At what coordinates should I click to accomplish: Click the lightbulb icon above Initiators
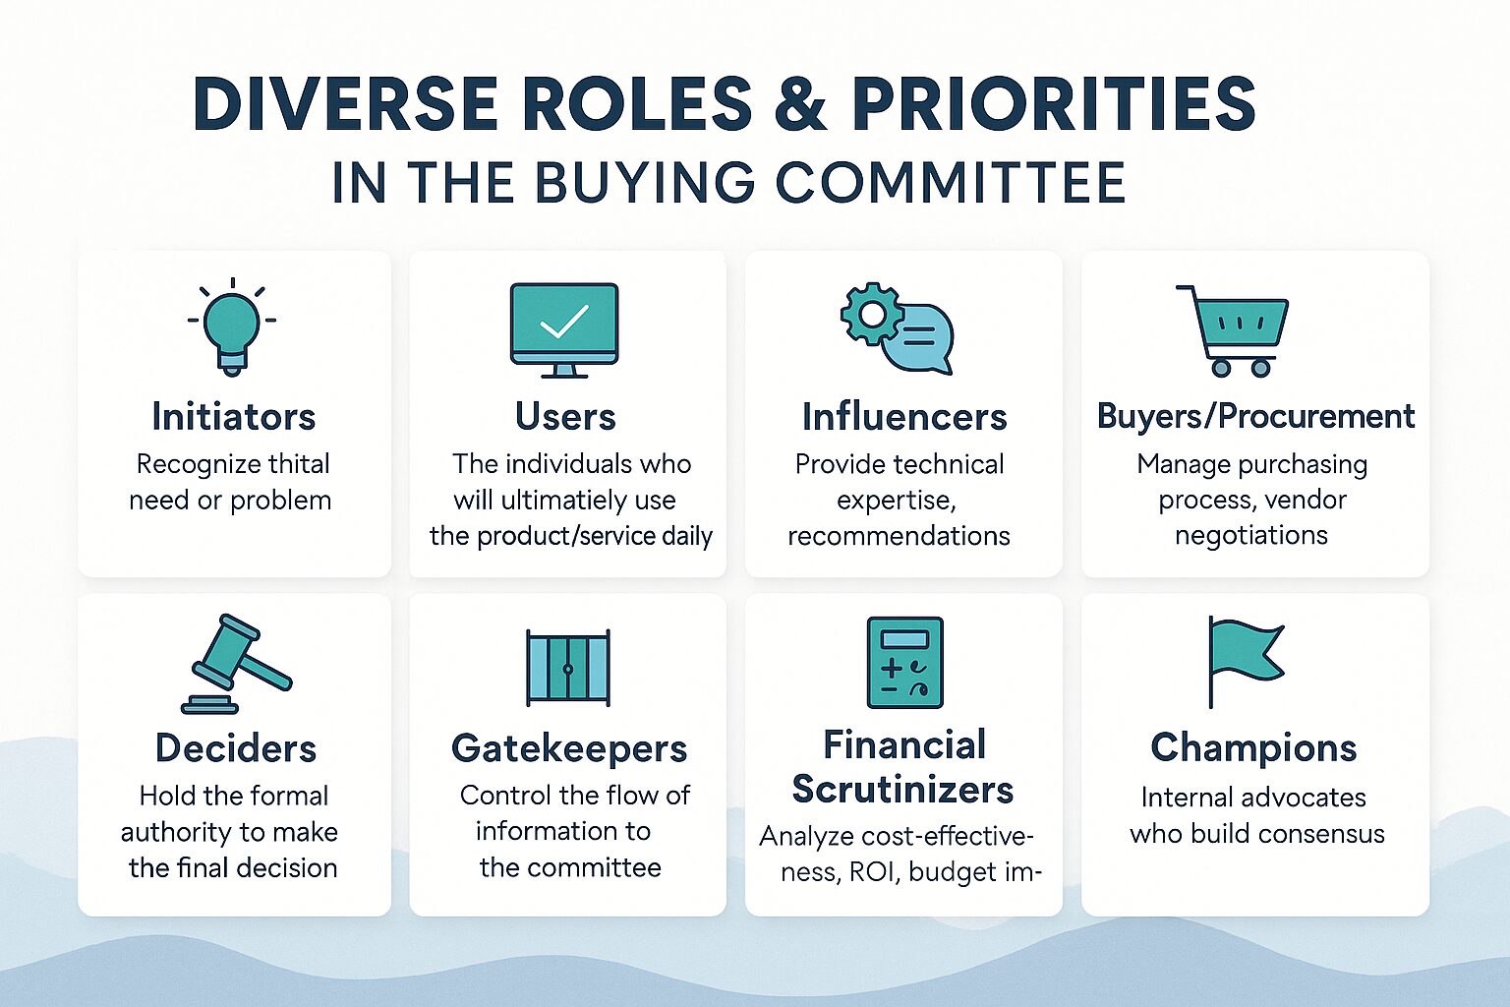(x=232, y=326)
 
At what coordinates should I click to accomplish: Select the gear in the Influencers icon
(x=872, y=314)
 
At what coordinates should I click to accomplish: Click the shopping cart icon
(x=1232, y=330)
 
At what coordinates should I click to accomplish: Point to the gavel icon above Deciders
(x=237, y=664)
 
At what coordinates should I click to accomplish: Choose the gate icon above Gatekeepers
(x=568, y=668)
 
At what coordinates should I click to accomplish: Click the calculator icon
(x=904, y=663)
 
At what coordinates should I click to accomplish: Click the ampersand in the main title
(x=800, y=104)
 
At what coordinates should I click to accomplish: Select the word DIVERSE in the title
(x=345, y=104)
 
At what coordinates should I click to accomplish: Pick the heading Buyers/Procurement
(x=1255, y=415)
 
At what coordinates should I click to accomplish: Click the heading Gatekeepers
(x=569, y=748)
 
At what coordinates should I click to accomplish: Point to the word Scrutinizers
(x=902, y=789)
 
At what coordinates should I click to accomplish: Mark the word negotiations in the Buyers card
(x=1251, y=536)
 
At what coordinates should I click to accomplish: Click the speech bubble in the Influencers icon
(x=919, y=340)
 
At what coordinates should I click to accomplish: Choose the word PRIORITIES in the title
(x=1054, y=104)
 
